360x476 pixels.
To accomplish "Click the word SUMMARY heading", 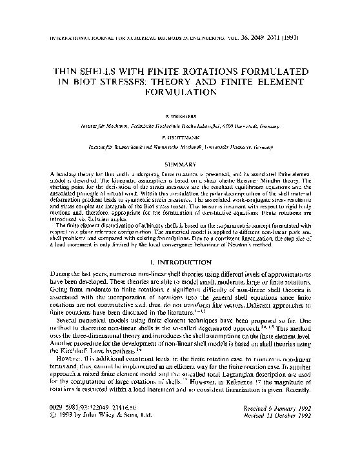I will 180,165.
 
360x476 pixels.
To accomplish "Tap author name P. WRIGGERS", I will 180,119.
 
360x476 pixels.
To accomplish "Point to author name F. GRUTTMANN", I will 180,138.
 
